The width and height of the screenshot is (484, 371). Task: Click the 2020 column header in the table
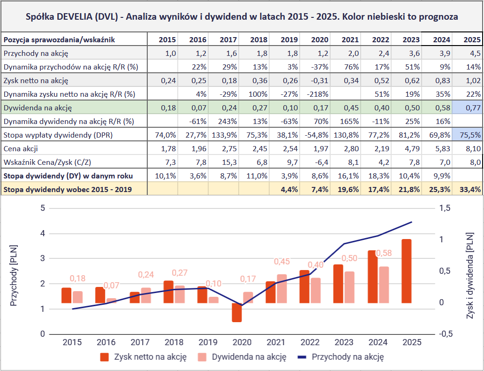tap(319, 39)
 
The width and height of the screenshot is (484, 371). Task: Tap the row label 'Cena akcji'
tap(21, 149)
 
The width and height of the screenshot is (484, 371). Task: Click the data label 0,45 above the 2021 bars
tap(282, 262)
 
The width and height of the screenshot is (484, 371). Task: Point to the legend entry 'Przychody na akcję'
tap(348, 357)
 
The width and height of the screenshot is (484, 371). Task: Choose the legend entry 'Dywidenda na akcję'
tap(249, 357)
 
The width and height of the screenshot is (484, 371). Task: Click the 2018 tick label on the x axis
tap(175, 343)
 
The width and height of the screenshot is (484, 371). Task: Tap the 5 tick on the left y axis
tap(43, 208)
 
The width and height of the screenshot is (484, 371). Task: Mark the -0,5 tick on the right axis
tap(446, 334)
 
